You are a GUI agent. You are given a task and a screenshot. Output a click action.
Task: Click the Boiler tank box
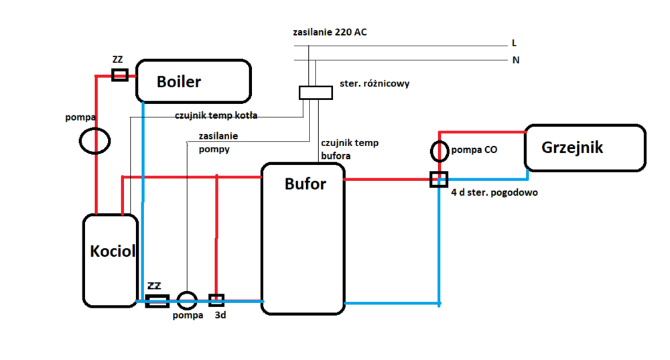pos(193,82)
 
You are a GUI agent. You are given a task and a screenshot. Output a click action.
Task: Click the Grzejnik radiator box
pos(585,147)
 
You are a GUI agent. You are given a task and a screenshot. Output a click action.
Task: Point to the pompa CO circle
pos(439,151)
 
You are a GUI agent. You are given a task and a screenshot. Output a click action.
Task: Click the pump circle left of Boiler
pos(95,141)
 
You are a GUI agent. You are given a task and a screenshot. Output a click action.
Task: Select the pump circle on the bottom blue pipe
pos(187,301)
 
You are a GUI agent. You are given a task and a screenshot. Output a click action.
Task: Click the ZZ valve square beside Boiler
pos(119,74)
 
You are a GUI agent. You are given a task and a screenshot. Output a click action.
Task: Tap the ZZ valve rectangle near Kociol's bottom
pos(157,301)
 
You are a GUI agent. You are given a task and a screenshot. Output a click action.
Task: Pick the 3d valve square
pos(216,301)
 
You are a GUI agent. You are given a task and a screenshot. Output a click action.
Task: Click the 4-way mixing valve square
pos(439,180)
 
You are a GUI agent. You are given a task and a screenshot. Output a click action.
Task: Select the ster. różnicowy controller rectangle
pos(316,93)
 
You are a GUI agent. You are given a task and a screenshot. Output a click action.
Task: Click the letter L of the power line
pos(514,43)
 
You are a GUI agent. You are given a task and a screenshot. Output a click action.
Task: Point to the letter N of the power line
pos(516,60)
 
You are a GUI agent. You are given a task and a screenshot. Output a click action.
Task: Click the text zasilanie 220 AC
pos(330,32)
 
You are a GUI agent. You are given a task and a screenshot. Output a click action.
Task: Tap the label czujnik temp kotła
pos(216,115)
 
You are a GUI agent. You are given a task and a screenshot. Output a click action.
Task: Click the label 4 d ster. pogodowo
pos(494,192)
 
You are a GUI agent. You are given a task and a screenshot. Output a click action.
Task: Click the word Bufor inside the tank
pos(305,184)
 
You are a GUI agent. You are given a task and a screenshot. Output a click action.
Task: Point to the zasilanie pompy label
pos(218,142)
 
